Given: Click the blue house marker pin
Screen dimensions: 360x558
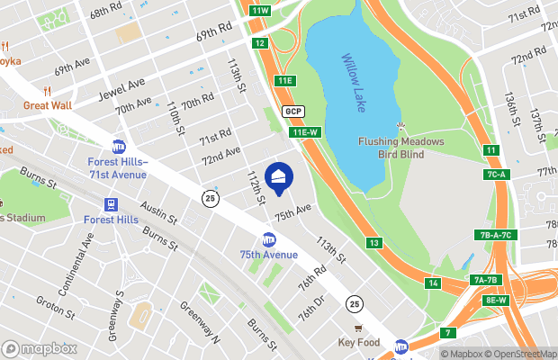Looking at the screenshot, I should coord(279,179).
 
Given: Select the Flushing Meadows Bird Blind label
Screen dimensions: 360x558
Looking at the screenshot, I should coord(401,147).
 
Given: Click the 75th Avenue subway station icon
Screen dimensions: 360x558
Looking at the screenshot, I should coord(268,240).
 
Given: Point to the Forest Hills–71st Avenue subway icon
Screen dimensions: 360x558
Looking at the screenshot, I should coord(118,147).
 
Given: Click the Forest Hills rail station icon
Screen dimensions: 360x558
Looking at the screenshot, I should coord(111,204).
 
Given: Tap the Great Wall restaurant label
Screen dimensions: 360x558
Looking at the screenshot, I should coord(46,104).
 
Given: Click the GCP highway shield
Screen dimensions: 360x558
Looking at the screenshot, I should coord(292,111).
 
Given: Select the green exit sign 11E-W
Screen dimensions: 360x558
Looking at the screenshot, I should coord(305,132).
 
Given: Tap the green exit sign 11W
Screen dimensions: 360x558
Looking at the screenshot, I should coord(260,10).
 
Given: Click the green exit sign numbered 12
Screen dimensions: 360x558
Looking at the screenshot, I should coord(259,42).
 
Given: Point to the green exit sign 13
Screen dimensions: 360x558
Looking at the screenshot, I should coord(373,243).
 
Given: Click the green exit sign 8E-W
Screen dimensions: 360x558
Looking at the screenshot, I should coord(497,300).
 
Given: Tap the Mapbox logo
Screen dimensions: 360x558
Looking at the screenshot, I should coord(39,347).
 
